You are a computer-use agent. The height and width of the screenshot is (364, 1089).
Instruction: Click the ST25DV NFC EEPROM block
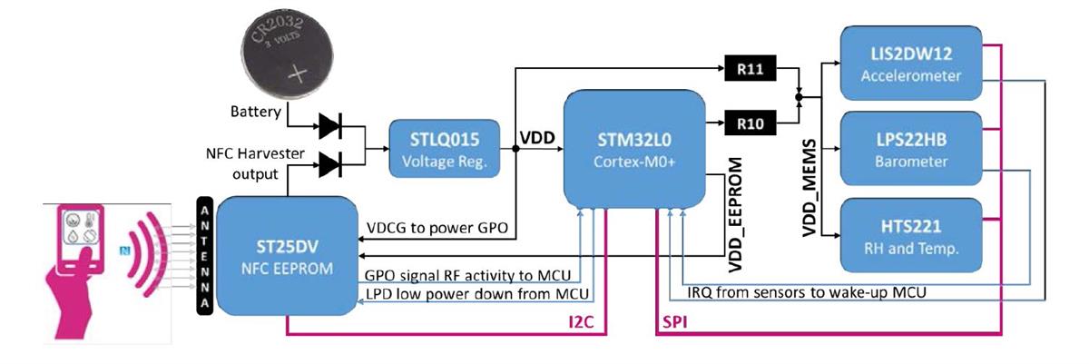(x=285, y=255)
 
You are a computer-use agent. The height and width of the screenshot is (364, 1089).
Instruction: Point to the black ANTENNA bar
(x=204, y=255)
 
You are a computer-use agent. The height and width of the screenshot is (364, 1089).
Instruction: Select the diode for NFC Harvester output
(x=328, y=165)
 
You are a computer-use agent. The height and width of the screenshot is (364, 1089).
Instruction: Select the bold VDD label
(x=537, y=139)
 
